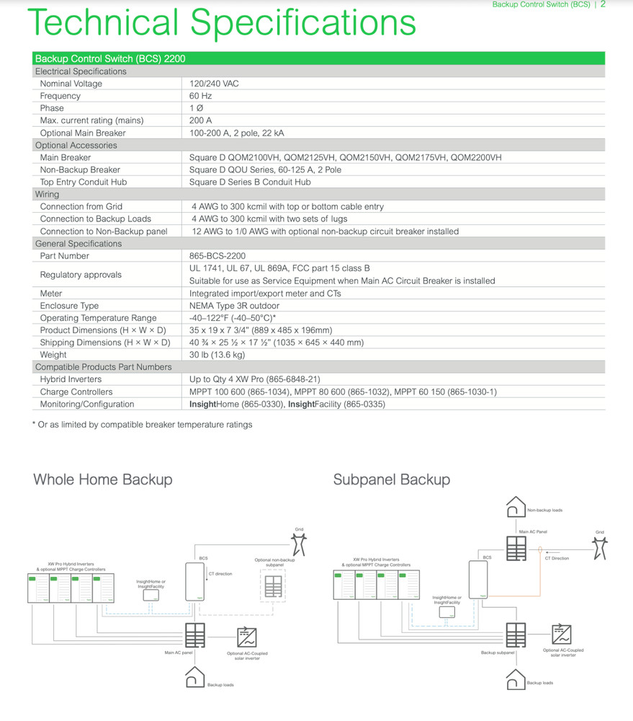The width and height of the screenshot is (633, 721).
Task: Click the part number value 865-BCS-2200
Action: point(216,256)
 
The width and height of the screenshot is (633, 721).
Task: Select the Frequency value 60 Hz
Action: point(199,96)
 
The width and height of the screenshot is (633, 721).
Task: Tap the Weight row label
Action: point(53,355)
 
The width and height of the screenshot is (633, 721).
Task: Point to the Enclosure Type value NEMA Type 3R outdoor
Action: point(241,306)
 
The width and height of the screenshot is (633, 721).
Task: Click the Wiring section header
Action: point(48,195)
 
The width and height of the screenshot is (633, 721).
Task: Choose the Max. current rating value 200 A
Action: point(200,120)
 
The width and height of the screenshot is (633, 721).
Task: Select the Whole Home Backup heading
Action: point(103,479)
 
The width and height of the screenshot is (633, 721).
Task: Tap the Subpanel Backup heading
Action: point(391,479)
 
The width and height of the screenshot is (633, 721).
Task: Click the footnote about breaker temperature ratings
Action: point(142,425)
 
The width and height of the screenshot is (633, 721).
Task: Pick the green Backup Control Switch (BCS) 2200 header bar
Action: point(318,58)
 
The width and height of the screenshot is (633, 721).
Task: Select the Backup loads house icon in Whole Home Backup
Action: point(194,678)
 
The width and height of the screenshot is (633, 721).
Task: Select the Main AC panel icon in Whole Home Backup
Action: point(195,635)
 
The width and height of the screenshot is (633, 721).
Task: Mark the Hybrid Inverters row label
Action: point(71,379)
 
